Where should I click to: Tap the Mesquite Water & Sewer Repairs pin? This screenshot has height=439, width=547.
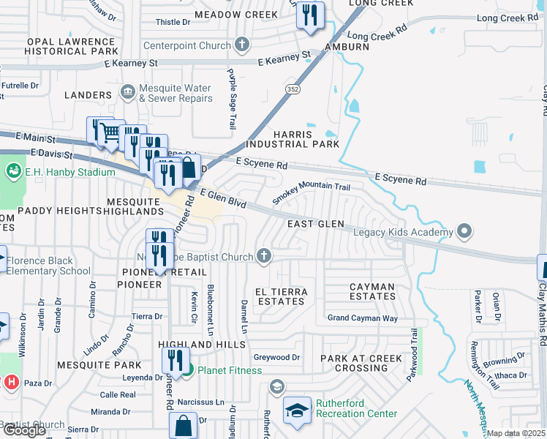pos(128,93)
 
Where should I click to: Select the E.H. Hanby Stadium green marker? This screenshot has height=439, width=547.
pos(12,172)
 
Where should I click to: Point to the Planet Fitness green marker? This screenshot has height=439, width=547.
pos(187,369)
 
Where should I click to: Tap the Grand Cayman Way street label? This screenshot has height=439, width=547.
pos(362,318)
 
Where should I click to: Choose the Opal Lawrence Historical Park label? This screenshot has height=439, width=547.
pos(71,48)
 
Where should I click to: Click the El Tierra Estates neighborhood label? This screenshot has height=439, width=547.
pos(281,296)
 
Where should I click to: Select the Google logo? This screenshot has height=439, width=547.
pos(24,430)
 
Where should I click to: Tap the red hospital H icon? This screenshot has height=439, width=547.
pos(10,382)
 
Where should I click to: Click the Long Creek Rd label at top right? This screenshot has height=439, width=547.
pos(507,18)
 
